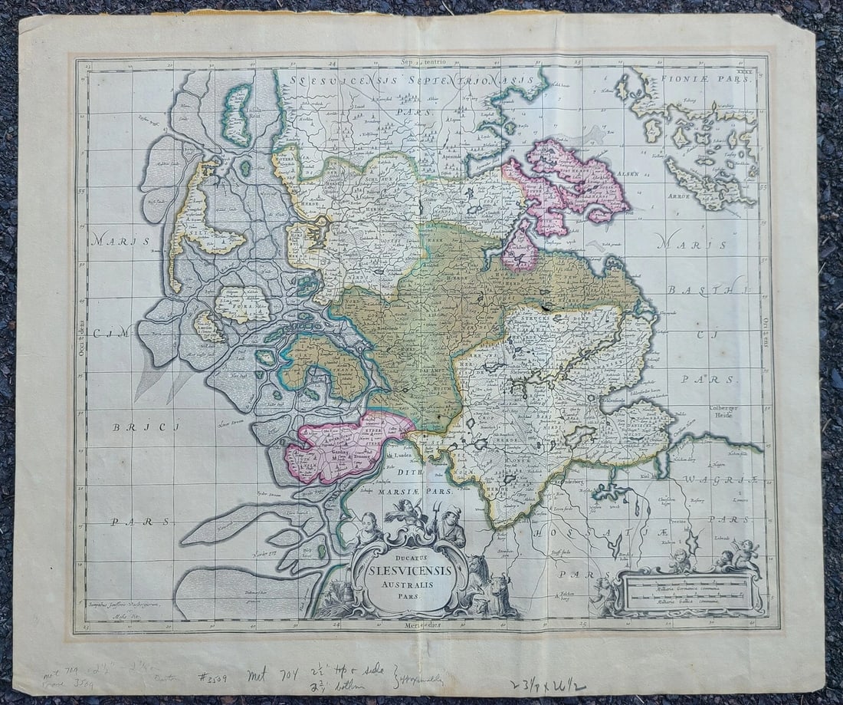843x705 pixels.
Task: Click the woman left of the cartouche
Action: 368,529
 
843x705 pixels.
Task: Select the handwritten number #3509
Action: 217,677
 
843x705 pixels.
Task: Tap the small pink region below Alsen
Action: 521,251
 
